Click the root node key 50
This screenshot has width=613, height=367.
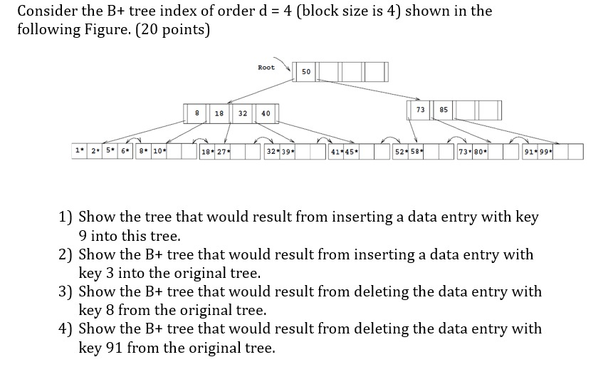[x=306, y=72]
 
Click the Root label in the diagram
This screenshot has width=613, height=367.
[x=266, y=68]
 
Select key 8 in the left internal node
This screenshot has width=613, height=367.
[x=197, y=113]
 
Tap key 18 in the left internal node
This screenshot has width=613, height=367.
[x=219, y=113]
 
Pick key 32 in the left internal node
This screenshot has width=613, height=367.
[x=243, y=113]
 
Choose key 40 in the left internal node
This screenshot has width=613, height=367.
[x=266, y=113]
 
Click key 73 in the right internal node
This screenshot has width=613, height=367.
[x=420, y=110]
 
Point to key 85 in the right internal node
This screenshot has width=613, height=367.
[x=444, y=110]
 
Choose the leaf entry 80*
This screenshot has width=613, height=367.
[x=481, y=152]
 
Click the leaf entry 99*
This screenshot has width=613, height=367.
[x=545, y=152]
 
